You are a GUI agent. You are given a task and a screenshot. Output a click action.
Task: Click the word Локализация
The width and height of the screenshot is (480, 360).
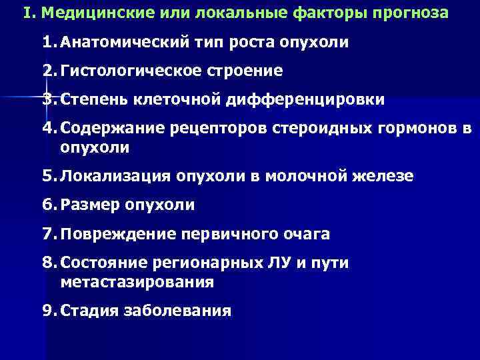click(115, 176)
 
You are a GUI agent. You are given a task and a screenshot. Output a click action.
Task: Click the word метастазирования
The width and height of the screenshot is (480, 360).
click(137, 281)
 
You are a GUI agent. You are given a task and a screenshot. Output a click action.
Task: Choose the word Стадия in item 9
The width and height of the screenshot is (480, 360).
click(89, 311)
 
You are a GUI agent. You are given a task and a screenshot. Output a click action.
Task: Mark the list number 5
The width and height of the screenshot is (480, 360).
click(48, 176)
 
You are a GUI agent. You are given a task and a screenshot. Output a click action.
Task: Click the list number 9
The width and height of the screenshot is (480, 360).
click(48, 311)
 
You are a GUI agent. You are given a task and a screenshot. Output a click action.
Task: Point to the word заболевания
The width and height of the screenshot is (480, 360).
click(177, 311)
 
